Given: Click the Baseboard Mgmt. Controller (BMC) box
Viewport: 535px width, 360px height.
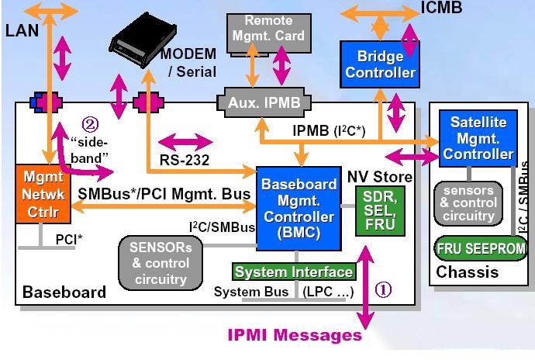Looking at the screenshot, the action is [299, 209].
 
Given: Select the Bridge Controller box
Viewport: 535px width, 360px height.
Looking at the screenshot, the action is [380, 64].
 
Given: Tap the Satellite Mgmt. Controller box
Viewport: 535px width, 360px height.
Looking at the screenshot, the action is [478, 138].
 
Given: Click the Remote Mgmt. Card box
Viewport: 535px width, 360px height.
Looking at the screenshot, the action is [269, 33].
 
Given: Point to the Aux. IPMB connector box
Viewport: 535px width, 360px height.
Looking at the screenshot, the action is [264, 102].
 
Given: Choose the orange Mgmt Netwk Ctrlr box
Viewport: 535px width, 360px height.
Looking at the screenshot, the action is [43, 194].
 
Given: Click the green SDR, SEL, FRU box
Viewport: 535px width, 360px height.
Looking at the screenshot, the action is [380, 211].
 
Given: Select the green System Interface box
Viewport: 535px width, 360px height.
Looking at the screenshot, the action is [294, 272].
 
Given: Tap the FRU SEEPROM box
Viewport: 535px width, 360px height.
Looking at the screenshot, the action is [481, 248].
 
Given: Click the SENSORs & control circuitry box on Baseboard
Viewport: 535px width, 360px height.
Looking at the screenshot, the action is [160, 263].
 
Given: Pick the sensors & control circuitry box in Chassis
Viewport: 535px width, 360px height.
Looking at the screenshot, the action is [468, 203].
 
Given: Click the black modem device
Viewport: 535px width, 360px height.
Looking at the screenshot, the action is [143, 40].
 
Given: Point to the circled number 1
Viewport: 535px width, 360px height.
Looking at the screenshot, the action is [383, 290].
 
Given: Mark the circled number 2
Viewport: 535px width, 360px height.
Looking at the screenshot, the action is [90, 125].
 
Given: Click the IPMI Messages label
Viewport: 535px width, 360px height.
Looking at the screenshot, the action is [295, 335].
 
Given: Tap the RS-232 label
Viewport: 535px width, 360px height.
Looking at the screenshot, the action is [185, 160].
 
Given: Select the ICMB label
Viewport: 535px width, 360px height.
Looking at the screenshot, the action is [441, 8].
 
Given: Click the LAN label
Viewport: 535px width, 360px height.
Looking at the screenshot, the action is [22, 30].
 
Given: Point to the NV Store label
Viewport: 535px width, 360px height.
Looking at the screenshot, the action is [380, 177].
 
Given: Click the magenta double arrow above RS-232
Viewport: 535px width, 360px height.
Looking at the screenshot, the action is [185, 142].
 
